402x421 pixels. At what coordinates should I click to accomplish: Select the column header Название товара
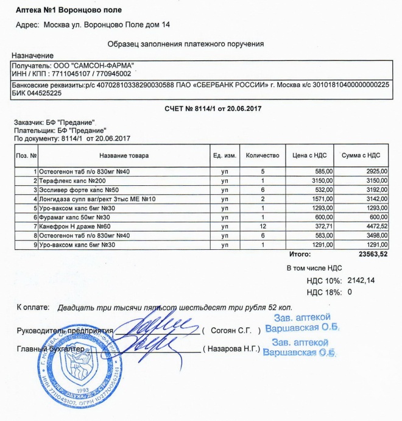click(124, 156)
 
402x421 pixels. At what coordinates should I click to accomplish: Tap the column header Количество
click(262, 156)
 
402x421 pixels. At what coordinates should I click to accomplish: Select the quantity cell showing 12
click(262, 226)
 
